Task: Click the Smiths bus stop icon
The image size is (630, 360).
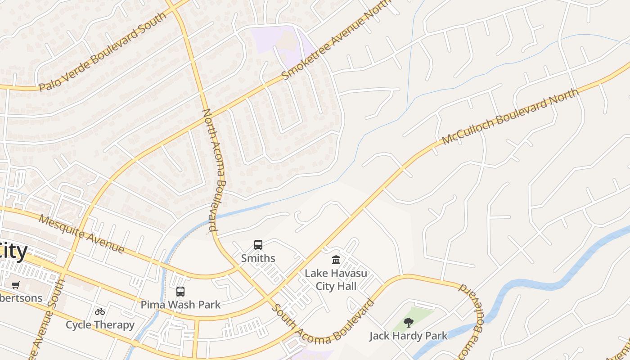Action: coord(258,245)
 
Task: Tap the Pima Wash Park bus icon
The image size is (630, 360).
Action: coord(180,292)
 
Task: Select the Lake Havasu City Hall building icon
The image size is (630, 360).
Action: coord(336,260)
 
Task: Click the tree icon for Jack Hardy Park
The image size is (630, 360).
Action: coord(409,322)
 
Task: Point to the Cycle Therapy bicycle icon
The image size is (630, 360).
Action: coord(100,311)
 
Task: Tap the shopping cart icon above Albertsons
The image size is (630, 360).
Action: coord(16,285)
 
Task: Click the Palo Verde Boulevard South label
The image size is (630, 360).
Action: coord(103,52)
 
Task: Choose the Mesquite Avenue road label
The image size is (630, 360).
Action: coord(81,234)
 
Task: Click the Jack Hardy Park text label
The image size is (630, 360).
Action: coord(409,336)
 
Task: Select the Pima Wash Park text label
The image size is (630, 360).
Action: coord(180,305)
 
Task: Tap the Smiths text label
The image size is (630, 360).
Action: coord(258,258)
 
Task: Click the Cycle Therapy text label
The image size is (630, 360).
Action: coord(100,324)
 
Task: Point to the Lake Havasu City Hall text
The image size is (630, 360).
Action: coord(336,279)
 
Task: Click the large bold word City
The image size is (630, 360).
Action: coord(13,251)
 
